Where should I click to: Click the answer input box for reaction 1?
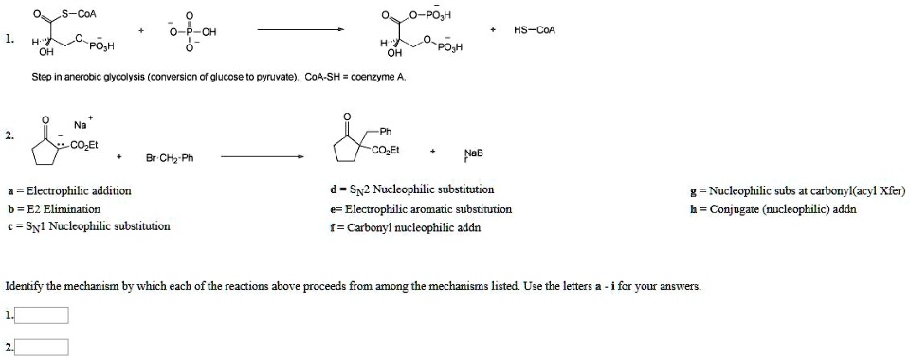click(x=42, y=315)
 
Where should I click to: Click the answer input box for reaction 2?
click(x=42, y=346)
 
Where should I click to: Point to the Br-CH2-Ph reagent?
click(x=170, y=157)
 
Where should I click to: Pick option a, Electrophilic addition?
click(x=68, y=190)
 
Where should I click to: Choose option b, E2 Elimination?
click(x=53, y=208)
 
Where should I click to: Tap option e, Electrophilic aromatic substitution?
click(x=421, y=208)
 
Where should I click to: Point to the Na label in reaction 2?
click(x=81, y=125)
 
